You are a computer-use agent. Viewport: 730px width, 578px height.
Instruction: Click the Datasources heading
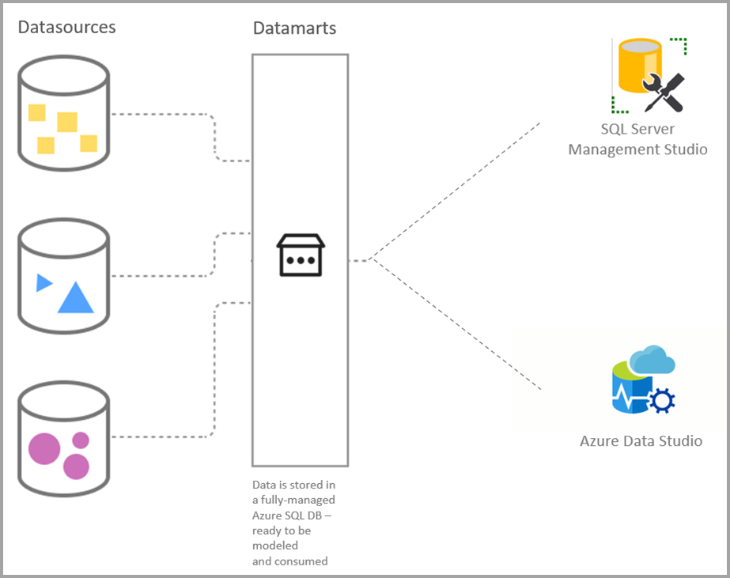click(x=66, y=28)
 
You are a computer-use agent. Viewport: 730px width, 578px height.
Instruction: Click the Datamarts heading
click(x=294, y=28)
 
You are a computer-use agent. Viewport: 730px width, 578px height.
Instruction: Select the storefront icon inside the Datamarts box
click(x=300, y=255)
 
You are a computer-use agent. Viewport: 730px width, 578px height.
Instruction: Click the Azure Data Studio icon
click(x=643, y=380)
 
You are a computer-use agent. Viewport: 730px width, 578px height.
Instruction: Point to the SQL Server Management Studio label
click(x=637, y=139)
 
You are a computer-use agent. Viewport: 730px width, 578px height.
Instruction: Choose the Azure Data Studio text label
click(x=641, y=441)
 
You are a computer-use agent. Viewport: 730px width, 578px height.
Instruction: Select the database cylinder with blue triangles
click(x=63, y=276)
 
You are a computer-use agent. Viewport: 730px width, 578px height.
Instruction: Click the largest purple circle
click(x=44, y=449)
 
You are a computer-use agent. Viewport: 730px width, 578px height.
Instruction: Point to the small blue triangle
click(x=43, y=282)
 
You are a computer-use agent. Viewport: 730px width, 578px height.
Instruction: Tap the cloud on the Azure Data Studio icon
click(x=653, y=361)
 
